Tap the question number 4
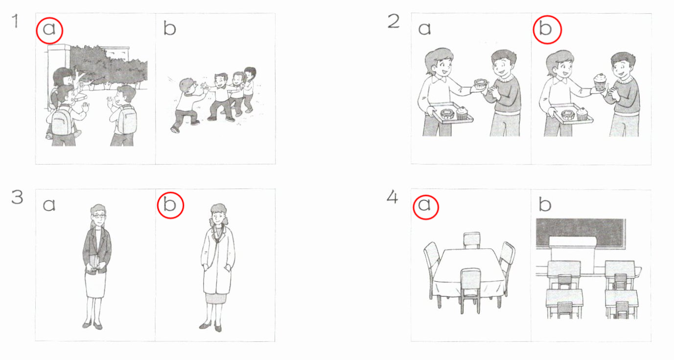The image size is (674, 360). [x=393, y=198]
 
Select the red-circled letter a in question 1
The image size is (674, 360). [x=49, y=29]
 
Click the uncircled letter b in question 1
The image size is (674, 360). [x=170, y=28]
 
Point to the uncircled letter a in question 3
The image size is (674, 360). [x=49, y=205]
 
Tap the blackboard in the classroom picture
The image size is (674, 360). [x=581, y=233]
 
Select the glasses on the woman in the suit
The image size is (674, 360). [x=99, y=216]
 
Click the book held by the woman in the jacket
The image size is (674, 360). [x=94, y=264]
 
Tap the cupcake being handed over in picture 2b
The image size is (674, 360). [x=600, y=82]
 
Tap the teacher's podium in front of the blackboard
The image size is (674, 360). [x=573, y=254]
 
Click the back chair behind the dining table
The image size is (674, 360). [x=471, y=240]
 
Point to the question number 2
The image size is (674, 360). [x=394, y=22]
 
